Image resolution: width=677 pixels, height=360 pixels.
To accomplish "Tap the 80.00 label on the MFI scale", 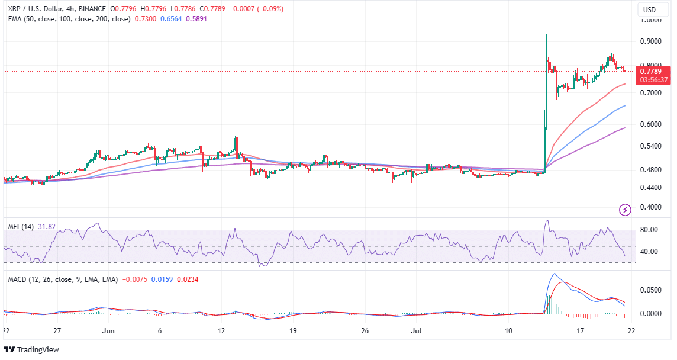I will [649, 230].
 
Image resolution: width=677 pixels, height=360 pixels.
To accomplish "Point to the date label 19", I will [294, 330].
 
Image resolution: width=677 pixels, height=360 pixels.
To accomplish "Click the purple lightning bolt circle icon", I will [625, 209].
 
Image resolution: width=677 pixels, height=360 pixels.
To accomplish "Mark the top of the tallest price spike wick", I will [546, 34].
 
